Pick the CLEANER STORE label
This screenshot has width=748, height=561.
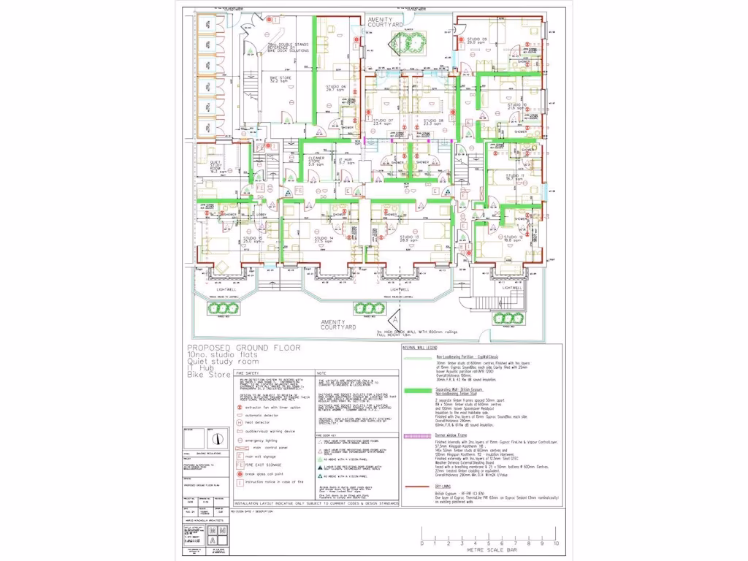point(316,161)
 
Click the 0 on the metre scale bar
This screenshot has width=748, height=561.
point(421,544)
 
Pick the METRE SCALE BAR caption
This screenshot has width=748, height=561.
point(488,552)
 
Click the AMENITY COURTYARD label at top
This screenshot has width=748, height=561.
point(386,22)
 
